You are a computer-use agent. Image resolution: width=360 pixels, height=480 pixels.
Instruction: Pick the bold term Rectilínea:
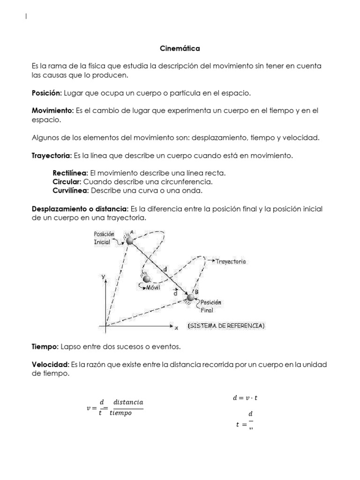[x=70, y=173]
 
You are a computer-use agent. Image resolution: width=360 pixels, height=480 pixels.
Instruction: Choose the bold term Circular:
[x=67, y=182]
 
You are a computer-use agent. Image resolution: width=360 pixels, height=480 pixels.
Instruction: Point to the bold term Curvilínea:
[x=71, y=191]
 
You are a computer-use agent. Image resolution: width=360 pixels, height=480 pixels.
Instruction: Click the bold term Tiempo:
[x=45, y=346]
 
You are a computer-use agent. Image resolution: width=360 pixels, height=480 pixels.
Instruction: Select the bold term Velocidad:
[x=50, y=364]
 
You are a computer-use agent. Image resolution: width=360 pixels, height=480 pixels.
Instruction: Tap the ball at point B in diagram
[x=190, y=298]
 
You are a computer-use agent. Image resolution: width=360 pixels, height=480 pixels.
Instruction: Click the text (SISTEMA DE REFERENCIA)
[x=229, y=326]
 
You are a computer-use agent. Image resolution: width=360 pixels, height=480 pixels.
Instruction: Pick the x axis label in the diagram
[x=176, y=328]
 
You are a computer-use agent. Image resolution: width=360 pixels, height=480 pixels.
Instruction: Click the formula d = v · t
[x=245, y=398]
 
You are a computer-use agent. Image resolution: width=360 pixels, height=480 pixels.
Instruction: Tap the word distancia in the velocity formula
[x=128, y=403]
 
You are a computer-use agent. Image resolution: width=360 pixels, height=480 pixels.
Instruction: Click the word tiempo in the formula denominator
[x=120, y=413]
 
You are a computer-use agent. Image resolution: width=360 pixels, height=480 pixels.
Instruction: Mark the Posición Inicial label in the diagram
[x=105, y=238]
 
